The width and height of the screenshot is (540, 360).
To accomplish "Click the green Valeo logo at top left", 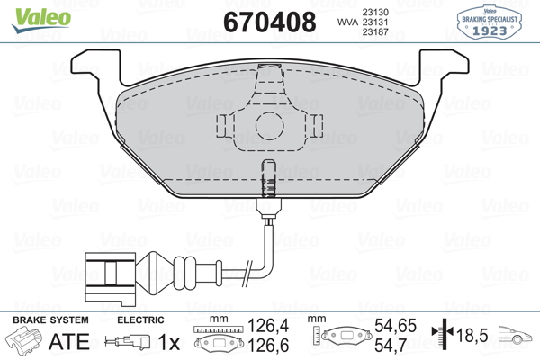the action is tap(41, 20).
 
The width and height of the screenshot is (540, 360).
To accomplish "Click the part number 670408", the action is tap(270, 22).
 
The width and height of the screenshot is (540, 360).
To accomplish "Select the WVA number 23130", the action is tap(375, 12).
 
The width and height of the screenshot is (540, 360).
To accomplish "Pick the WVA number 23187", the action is tap(375, 31).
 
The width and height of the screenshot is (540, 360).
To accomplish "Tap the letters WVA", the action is tap(348, 22).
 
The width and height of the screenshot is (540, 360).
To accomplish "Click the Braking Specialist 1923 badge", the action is tap(490, 22).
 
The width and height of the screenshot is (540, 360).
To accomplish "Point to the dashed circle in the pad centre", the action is tap(270, 126).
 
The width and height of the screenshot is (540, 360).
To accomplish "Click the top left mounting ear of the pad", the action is tap(96, 67).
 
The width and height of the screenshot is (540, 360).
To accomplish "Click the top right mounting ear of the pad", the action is tap(443, 67).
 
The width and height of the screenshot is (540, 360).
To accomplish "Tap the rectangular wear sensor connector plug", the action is tap(110, 278).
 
